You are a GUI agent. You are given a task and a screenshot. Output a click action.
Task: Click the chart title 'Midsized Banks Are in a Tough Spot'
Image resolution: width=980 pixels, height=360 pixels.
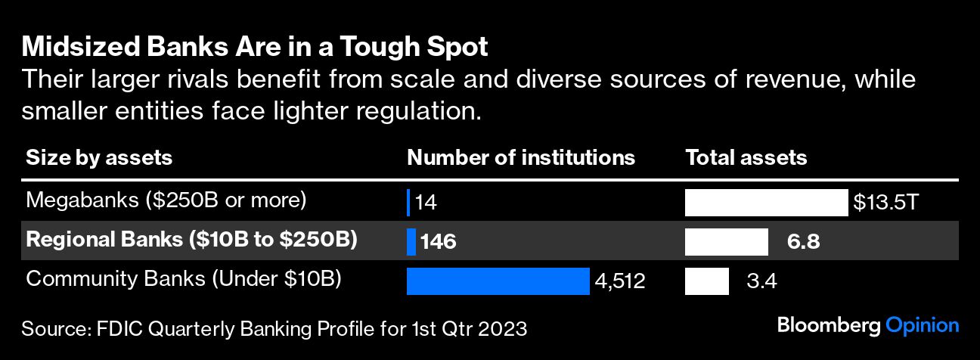[x=255, y=48]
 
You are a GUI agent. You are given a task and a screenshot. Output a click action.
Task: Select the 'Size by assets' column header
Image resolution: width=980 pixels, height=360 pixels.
[x=99, y=158]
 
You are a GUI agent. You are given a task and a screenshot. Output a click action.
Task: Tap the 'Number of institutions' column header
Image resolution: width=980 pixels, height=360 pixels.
[x=521, y=158]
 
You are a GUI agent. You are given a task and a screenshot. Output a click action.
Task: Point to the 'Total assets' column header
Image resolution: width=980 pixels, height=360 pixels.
[x=746, y=158]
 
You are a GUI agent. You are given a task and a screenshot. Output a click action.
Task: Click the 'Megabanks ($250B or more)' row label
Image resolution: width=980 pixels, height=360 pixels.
[x=166, y=201]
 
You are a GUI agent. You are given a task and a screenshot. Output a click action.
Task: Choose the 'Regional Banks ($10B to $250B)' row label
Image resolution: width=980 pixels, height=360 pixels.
[x=191, y=241]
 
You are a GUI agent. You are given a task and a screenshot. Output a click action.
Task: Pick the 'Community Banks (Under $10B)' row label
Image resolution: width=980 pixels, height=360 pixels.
[x=184, y=279]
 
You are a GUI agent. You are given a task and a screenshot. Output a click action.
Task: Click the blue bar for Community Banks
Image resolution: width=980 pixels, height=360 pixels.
[x=498, y=281]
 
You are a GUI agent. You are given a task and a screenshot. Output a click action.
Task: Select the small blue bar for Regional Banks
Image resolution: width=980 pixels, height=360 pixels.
[x=411, y=242]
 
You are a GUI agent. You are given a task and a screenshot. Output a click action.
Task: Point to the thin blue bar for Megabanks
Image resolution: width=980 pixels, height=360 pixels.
[x=408, y=203]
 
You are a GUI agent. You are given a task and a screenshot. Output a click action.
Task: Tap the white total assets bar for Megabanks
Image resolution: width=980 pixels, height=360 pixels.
[x=766, y=203]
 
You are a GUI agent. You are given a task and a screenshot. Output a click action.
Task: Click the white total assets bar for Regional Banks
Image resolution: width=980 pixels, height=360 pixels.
[x=726, y=242]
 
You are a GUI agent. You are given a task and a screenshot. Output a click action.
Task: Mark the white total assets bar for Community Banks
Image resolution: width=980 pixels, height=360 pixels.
[x=706, y=281]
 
